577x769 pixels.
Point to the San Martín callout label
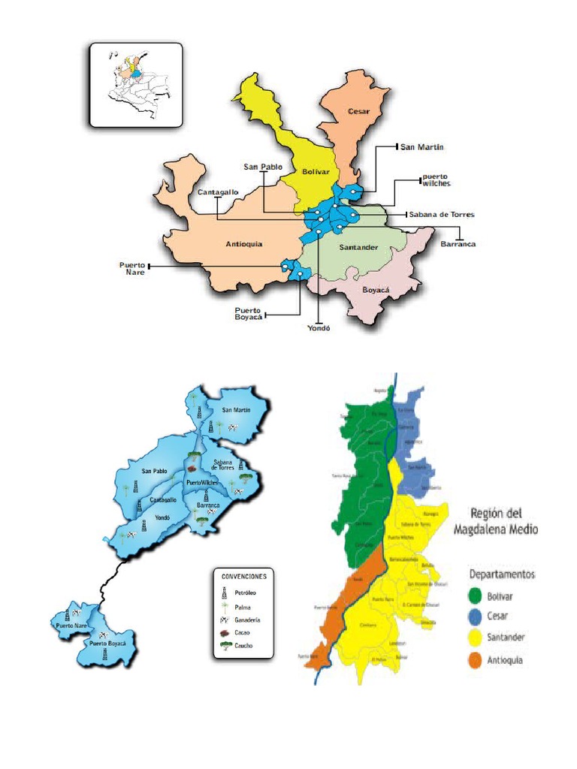pos(421,147)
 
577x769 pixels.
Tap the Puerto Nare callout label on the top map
pos(131,269)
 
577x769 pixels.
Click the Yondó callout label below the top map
pos(319,327)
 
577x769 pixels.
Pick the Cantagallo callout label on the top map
pos(218,192)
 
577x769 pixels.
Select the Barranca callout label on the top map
pos(458,244)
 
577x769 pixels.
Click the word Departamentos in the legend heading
pos(501,574)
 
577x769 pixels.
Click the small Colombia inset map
pos(136,85)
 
